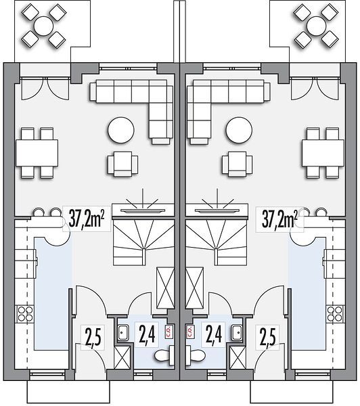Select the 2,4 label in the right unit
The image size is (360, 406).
214,336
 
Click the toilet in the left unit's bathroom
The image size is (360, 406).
164,355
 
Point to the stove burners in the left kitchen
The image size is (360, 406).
25,314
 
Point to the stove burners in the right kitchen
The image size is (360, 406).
334,314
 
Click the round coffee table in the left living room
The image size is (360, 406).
121,130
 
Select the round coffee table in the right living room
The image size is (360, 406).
239,130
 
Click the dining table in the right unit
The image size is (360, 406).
323,153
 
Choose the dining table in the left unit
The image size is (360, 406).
37,153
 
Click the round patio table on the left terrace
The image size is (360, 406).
43,26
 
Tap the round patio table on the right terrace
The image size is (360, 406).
316,26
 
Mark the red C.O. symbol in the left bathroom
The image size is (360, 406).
168,332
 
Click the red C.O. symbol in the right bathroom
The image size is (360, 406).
189,332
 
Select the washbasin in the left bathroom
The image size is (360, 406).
124,332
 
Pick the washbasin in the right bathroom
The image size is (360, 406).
237,332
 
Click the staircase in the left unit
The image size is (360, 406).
143,242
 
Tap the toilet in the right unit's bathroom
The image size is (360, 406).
196,355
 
